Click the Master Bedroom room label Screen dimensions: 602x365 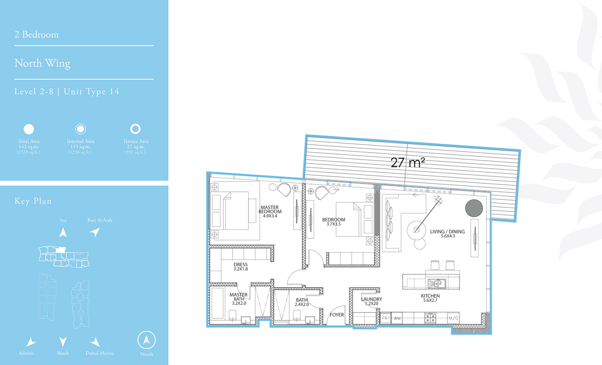click(x=270, y=211)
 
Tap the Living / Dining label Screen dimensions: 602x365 click(x=447, y=233)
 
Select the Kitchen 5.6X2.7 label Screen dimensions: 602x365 click(x=430, y=298)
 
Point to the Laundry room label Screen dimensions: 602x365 click(x=371, y=301)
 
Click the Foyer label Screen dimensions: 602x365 click(x=337, y=315)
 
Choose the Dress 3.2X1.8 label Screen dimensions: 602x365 click(x=240, y=267)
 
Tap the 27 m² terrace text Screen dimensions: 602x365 click(x=408, y=163)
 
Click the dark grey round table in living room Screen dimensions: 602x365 click(x=474, y=208)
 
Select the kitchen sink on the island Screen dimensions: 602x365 click(x=436, y=284)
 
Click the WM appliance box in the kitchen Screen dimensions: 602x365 click(x=397, y=318)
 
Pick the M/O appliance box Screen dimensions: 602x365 click(x=454, y=318)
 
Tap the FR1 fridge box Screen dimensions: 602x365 click(x=386, y=318)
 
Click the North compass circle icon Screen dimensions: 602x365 click(x=146, y=340)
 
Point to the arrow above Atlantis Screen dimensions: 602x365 click(x=31, y=342)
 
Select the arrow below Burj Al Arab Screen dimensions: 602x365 click(x=95, y=232)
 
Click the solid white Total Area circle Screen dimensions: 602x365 click(x=29, y=129)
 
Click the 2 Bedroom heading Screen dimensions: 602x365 click(x=37, y=35)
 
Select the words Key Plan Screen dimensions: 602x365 click(x=33, y=201)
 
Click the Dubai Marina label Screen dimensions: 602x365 click(x=100, y=353)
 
